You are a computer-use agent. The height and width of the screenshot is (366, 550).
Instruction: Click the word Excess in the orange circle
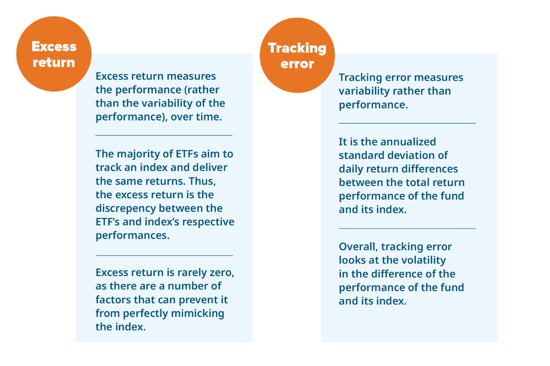(54, 46)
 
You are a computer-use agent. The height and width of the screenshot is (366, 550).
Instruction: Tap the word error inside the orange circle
(297, 64)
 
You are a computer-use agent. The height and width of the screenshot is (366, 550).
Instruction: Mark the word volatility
(422, 261)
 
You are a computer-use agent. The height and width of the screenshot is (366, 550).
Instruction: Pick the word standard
(358, 155)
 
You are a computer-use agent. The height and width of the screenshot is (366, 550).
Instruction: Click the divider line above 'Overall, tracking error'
(407, 228)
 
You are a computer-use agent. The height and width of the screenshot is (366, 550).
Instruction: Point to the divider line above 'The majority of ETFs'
(164, 135)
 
